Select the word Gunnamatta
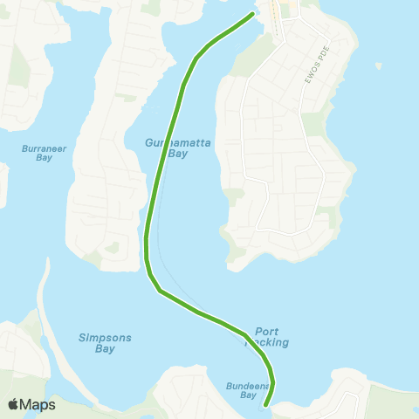(168, 142)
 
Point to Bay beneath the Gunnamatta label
(178, 154)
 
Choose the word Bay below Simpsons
(104, 348)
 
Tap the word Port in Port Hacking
(266, 332)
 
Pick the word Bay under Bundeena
(249, 395)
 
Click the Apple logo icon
(15, 404)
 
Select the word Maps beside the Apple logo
(38, 404)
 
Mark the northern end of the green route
(252, 14)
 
